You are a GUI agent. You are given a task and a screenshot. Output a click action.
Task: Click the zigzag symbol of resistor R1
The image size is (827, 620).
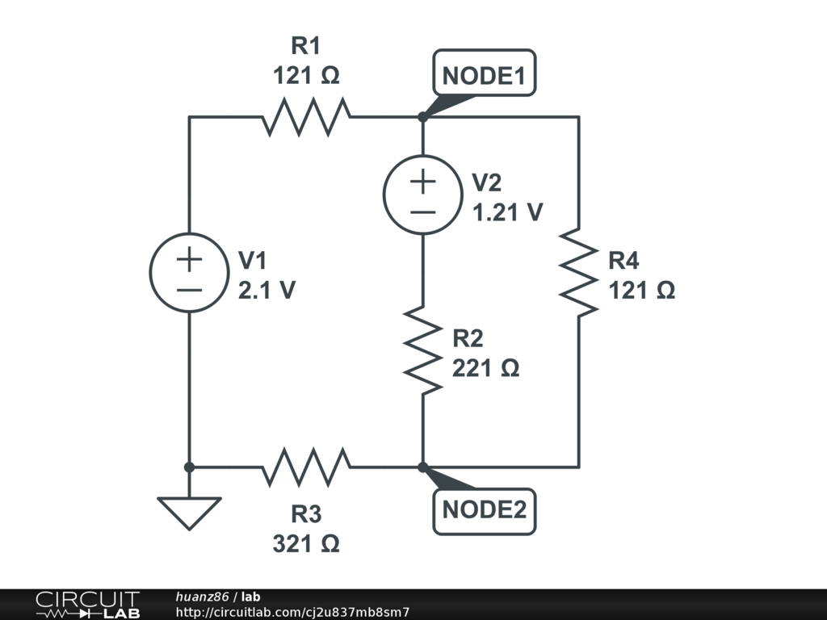click(306, 117)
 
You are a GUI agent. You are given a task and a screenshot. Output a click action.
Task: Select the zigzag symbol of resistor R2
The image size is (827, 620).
click(422, 350)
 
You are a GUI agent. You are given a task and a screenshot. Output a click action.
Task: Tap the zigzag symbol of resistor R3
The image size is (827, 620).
click(306, 467)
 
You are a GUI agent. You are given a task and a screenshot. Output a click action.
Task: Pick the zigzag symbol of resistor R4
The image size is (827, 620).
click(578, 272)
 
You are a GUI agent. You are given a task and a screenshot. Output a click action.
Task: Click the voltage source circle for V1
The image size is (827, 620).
click(189, 272)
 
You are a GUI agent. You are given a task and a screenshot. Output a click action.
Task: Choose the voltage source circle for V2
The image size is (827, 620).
click(422, 195)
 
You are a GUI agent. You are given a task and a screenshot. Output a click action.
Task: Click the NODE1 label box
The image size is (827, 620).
click(484, 77)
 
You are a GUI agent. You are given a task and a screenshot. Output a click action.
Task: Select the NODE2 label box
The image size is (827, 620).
click(484, 510)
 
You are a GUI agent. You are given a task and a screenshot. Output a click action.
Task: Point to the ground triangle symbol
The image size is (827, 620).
click(189, 511)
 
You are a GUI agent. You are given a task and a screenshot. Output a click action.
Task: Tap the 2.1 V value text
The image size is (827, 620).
click(267, 290)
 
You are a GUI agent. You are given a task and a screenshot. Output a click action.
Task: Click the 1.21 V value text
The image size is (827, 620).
click(507, 212)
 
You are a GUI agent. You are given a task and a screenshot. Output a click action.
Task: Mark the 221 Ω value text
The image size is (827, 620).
click(485, 368)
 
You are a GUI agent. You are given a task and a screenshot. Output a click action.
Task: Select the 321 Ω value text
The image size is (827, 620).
click(306, 543)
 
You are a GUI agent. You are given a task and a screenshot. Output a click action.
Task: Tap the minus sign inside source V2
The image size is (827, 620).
click(422, 212)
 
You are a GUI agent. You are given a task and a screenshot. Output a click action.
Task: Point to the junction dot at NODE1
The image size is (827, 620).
click(422, 117)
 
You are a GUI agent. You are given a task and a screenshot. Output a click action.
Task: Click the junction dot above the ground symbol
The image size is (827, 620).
click(189, 467)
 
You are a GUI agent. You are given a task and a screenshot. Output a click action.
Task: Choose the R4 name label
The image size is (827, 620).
click(623, 261)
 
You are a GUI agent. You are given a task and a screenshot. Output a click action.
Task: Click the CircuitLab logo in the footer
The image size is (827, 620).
click(87, 605)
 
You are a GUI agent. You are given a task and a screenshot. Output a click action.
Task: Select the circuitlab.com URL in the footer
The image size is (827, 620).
click(292, 612)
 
